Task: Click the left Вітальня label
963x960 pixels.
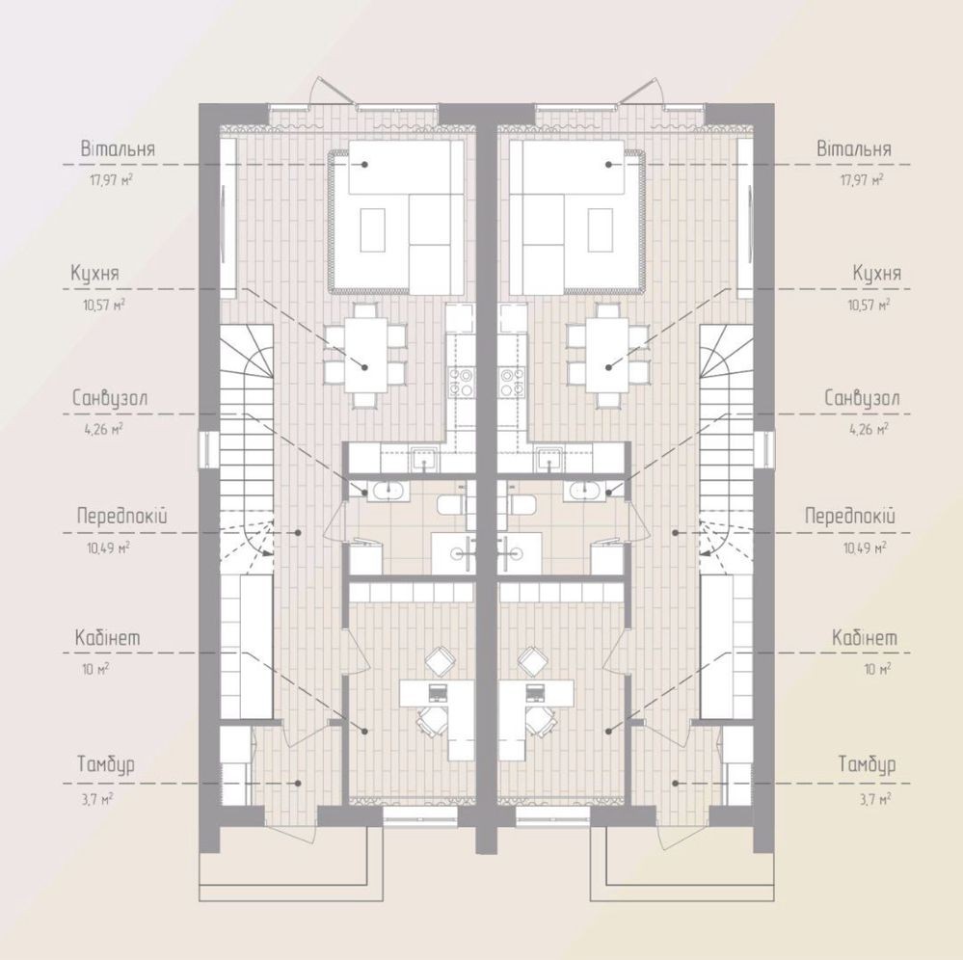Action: tap(118, 149)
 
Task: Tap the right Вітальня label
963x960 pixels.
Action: tap(854, 149)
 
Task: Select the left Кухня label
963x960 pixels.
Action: tap(94, 274)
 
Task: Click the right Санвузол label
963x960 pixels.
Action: tap(862, 398)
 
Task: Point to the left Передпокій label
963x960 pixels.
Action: tap(122, 516)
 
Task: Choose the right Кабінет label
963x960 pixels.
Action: tap(865, 637)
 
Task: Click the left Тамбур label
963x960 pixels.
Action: tap(106, 764)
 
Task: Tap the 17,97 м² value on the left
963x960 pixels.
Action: tap(111, 180)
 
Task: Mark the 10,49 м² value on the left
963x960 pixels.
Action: tap(108, 547)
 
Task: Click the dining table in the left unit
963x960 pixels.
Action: tap(366, 355)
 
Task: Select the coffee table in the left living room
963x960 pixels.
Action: tap(373, 229)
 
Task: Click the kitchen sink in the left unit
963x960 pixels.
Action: tap(425, 458)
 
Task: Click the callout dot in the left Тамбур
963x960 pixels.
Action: tap(299, 783)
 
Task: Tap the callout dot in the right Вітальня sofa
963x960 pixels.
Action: tap(608, 165)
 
